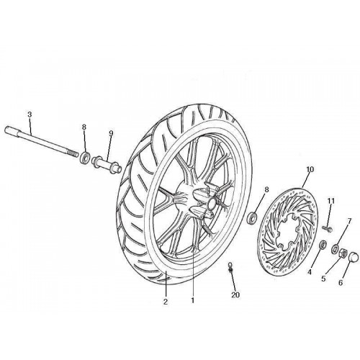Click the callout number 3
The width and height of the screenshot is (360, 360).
click(x=30, y=114)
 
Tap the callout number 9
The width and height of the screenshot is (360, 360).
click(x=111, y=134)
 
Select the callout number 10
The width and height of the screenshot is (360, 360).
click(x=310, y=170)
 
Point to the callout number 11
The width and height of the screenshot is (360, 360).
click(x=331, y=201)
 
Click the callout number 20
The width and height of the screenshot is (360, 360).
click(x=235, y=294)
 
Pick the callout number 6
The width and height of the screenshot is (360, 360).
click(x=341, y=283)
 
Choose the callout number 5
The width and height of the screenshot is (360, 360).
click(x=323, y=279)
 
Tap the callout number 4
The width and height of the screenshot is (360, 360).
click(x=310, y=272)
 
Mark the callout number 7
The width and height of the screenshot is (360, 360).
click(x=349, y=221)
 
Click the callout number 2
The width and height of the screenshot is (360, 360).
click(x=166, y=302)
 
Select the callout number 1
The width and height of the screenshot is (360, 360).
click(x=192, y=300)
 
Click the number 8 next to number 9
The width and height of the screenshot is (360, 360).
click(x=84, y=127)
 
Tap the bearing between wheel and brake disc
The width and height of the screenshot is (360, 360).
click(x=252, y=217)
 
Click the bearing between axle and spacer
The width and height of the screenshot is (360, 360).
click(x=85, y=157)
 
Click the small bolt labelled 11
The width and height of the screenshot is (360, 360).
click(x=328, y=229)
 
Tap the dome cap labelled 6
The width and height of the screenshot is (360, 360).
click(x=354, y=256)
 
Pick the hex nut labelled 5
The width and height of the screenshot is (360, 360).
click(x=343, y=252)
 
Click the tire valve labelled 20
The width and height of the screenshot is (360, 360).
click(x=230, y=268)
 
